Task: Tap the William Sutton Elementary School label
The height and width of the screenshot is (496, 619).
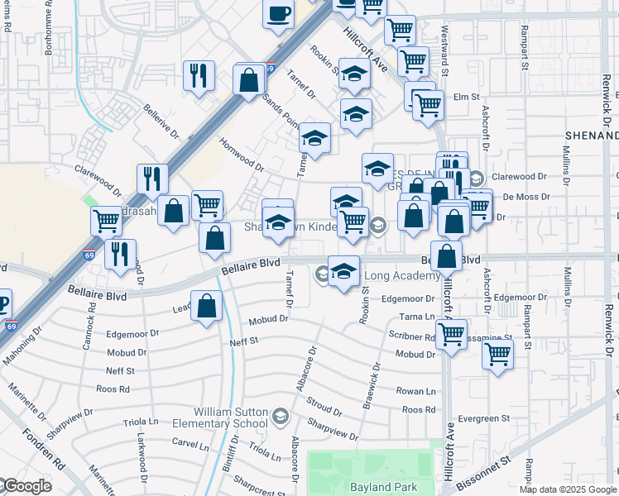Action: [x=231, y=417]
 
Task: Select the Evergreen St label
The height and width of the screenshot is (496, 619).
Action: [x=487, y=419]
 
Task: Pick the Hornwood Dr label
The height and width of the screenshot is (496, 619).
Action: [x=242, y=155]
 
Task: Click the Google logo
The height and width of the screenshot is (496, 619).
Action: [x=26, y=487]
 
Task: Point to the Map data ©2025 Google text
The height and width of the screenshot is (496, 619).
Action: [x=568, y=489]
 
